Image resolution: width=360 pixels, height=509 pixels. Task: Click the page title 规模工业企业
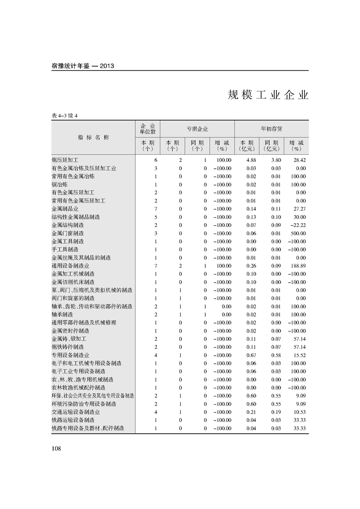click(268, 95)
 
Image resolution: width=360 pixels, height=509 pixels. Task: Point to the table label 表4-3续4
click(65, 116)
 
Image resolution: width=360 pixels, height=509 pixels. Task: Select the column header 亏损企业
click(197, 129)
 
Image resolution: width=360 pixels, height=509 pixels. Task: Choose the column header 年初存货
click(271, 129)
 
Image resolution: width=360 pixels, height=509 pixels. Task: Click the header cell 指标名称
click(94, 137)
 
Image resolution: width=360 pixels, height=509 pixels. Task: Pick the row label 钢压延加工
click(65, 160)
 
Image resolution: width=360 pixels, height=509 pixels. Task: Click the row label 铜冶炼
click(60, 185)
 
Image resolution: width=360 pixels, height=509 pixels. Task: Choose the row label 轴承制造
click(63, 314)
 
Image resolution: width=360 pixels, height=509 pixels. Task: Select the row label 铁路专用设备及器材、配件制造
click(88, 428)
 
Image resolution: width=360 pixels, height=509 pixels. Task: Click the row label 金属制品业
click(65, 209)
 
